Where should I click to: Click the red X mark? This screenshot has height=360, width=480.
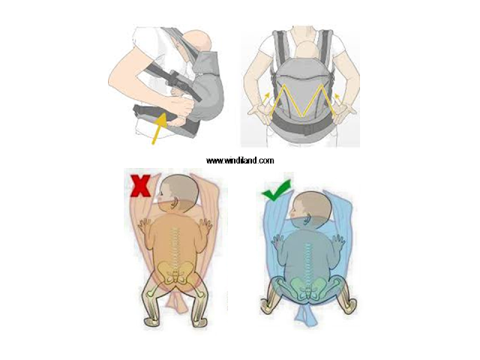140,185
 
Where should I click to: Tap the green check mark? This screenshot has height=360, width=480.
276,191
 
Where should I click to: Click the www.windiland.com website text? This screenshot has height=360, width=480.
240,160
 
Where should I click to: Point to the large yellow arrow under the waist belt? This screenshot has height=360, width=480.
160,128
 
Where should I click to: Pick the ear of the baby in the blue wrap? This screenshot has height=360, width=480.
307,217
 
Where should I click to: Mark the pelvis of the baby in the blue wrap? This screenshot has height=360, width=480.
307,286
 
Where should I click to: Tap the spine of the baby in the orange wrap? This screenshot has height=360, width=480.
175,245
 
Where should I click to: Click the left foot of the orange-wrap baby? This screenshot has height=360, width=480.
152,322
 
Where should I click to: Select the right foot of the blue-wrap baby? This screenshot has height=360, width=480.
348,307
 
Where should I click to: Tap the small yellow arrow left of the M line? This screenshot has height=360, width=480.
267,97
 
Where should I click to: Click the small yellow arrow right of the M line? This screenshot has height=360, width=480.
337,97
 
